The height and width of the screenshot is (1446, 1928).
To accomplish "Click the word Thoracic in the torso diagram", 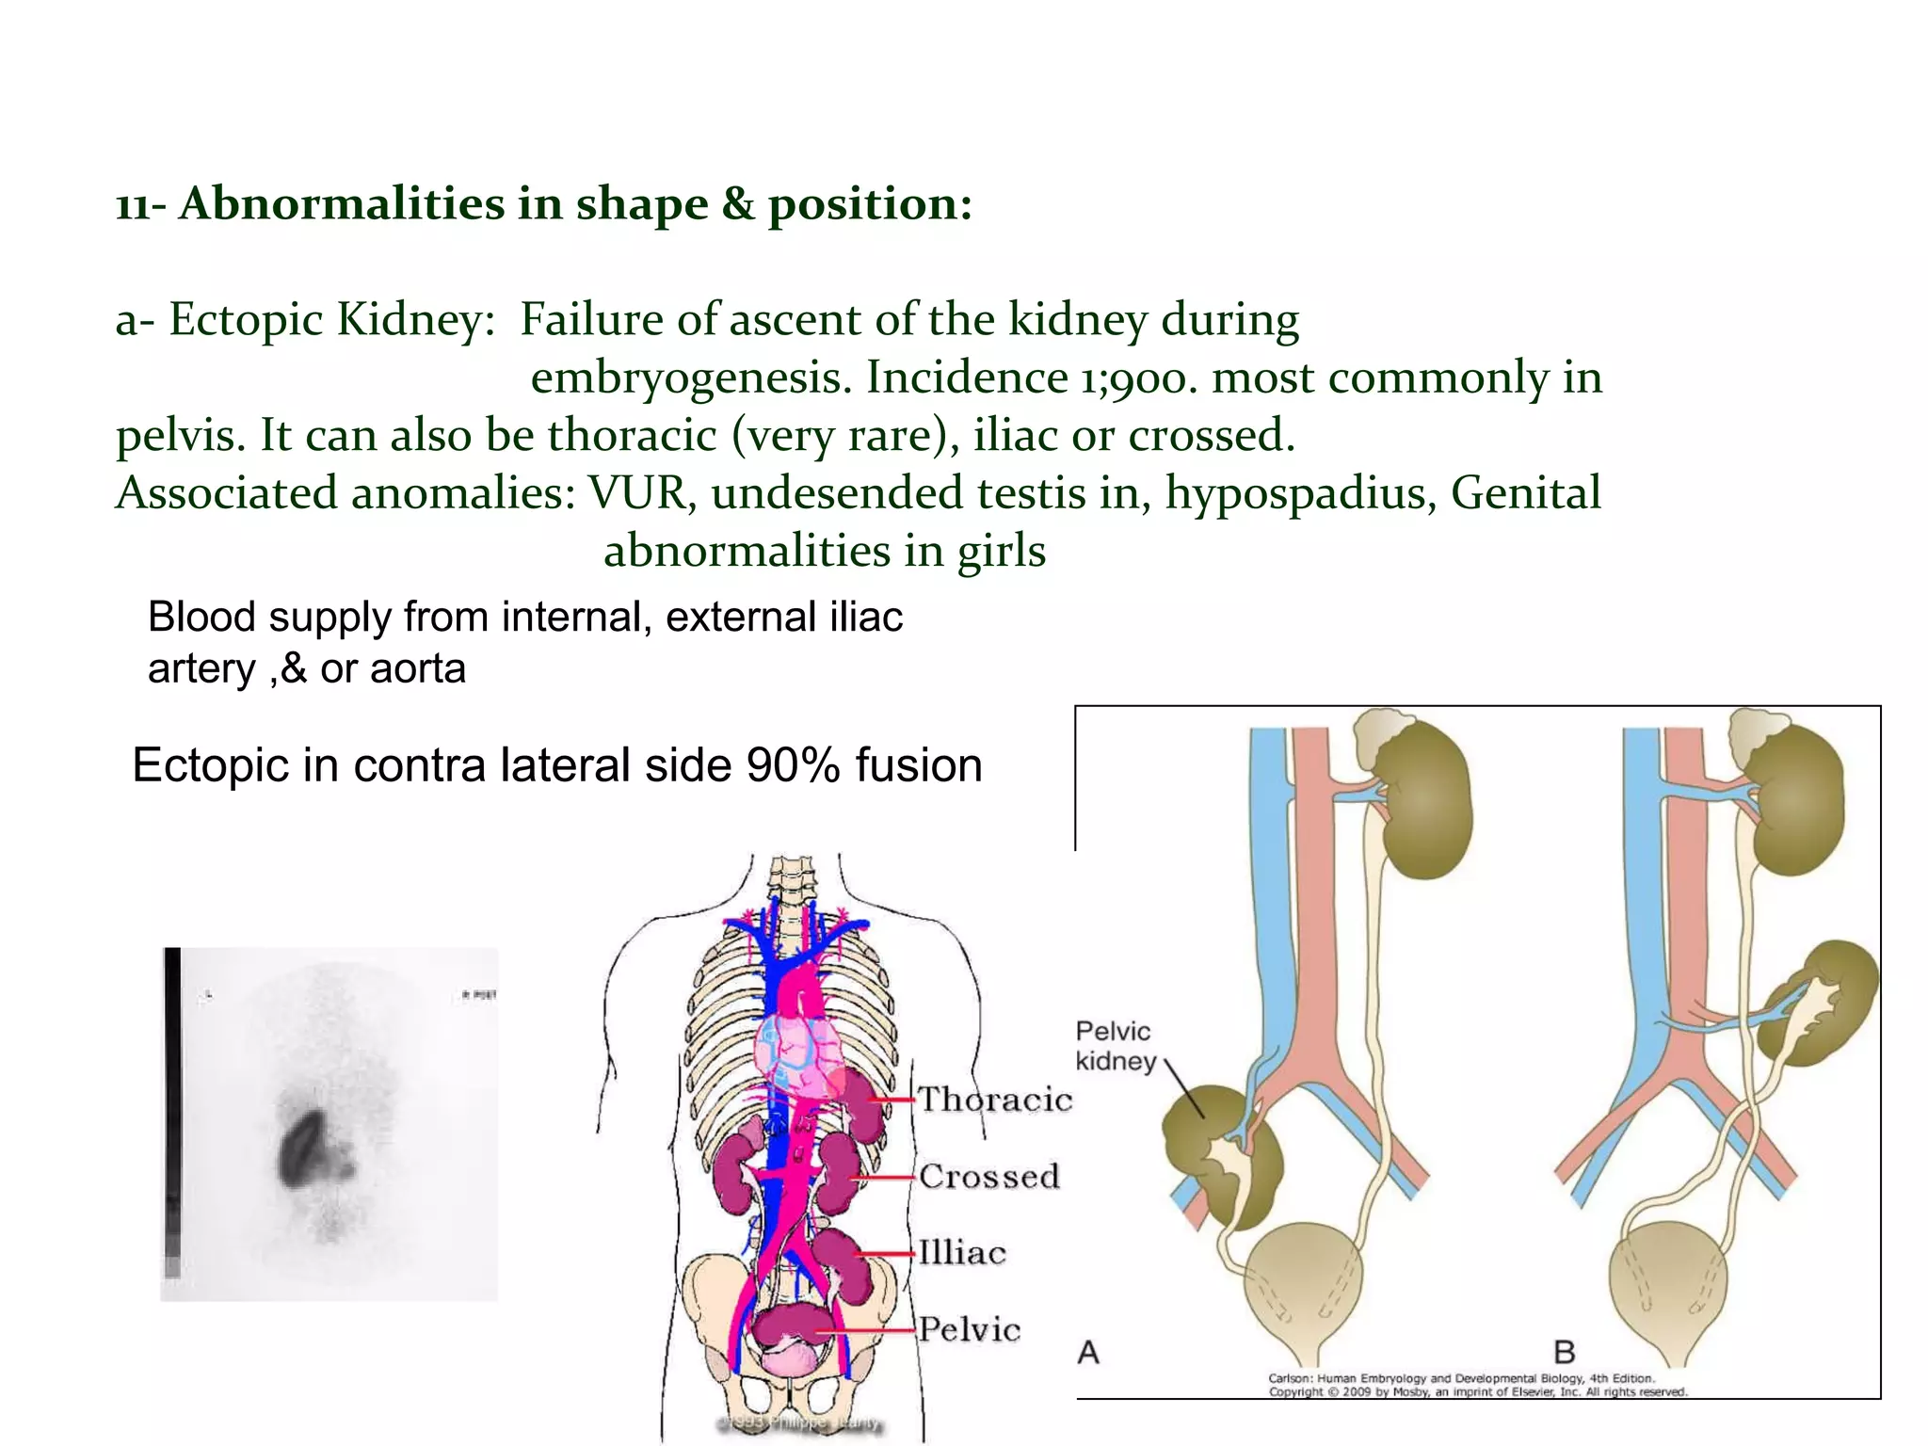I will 994,1100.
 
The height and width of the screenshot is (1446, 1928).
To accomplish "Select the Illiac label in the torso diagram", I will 962,1253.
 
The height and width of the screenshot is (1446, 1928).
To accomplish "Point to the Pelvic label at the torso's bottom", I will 970,1329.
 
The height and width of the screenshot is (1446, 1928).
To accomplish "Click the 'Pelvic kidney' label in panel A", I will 1116,1046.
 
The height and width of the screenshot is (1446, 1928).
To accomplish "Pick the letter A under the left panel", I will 1088,1353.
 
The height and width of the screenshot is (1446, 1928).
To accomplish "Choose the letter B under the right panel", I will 1565,1353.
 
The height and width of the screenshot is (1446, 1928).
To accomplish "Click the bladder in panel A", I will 1306,1290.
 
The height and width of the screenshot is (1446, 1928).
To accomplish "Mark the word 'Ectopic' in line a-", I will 247,319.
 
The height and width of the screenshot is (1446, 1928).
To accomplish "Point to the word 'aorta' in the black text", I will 417,668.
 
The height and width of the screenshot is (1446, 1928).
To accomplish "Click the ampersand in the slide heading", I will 738,203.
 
